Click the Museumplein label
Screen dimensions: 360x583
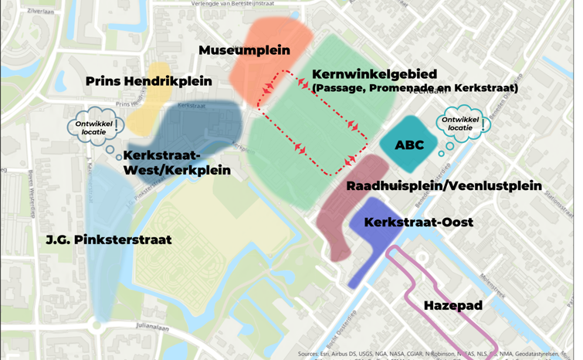[x=244, y=50]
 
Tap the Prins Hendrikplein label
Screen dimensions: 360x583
[x=148, y=81]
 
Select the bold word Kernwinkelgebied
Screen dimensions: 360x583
[x=374, y=74]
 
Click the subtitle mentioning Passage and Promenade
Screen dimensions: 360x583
[x=415, y=88]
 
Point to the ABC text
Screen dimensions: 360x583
[x=409, y=145]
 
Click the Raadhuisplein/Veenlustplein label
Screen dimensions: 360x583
[x=443, y=186]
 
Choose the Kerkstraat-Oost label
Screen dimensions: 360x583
[x=419, y=222]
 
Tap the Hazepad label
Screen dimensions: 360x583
[x=453, y=306]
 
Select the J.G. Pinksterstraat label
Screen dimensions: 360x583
[x=109, y=240]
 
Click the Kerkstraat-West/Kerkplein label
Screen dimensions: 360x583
[x=176, y=163]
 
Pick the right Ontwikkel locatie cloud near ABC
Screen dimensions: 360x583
[x=461, y=124]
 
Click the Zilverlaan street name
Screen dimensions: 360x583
[x=40, y=12]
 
